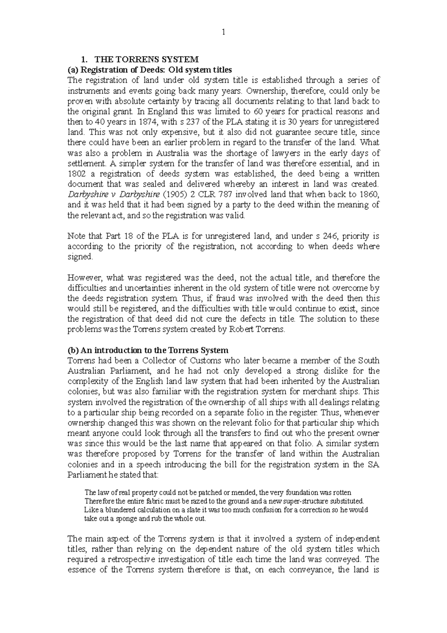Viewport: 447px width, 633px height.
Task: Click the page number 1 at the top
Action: tap(223, 32)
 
